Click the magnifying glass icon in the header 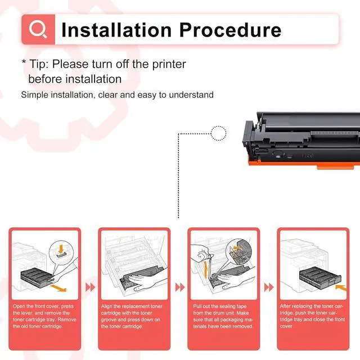[39, 29]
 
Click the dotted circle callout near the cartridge [218, 133]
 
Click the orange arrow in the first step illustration [57, 287]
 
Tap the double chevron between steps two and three [180, 287]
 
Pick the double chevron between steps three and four [269, 287]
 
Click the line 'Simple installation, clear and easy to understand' [117, 94]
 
